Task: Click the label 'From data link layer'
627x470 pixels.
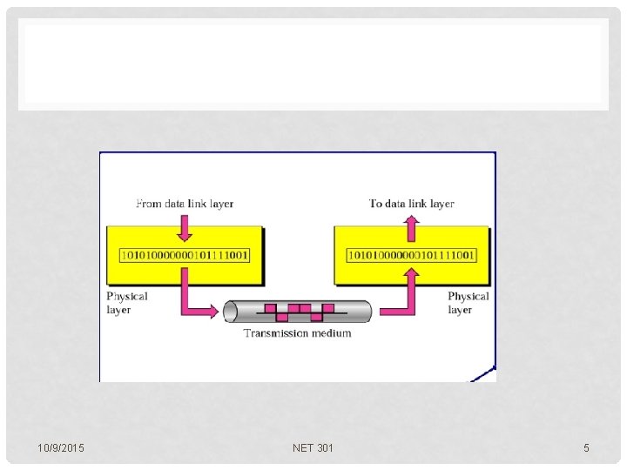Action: pos(185,204)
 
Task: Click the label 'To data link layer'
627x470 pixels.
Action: pos(412,204)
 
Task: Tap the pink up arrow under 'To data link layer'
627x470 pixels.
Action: pos(412,229)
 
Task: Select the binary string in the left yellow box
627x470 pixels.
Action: pos(185,255)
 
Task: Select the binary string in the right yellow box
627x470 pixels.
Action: pos(412,255)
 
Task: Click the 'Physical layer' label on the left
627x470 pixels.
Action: pos(127,303)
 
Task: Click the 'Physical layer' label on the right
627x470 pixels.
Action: pos(468,303)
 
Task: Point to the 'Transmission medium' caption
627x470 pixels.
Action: pos(298,333)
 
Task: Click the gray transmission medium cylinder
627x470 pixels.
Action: pos(235,312)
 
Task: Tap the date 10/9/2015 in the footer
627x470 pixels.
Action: pos(62,448)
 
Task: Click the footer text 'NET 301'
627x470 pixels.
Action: pos(313,448)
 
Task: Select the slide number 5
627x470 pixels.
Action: pos(586,448)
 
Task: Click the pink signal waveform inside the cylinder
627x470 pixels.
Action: pos(299,310)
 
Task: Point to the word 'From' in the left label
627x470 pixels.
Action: pos(149,204)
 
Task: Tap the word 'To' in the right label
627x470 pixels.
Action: pos(376,204)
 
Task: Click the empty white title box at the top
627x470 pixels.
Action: pos(313,64)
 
